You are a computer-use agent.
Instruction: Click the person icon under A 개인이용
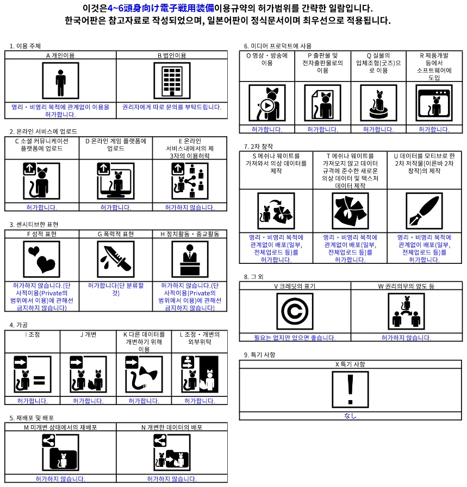pos(60,81)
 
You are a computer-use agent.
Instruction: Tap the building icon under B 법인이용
pos(172,81)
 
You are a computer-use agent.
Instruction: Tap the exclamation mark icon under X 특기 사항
pos(350,389)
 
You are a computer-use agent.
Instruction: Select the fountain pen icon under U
pos(424,211)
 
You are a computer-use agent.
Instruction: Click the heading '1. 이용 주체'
pos(25,46)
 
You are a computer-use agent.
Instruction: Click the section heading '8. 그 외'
pos(253,277)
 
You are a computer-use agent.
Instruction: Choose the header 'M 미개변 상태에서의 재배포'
pos(60,427)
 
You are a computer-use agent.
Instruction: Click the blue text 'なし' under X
pos(350,416)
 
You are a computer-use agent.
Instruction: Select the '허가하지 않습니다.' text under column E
pos(190,207)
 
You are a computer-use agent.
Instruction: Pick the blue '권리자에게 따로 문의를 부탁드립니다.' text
pos(172,107)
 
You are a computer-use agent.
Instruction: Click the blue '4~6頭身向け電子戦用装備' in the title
pos(160,9)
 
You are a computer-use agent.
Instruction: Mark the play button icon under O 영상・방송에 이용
pos(267,103)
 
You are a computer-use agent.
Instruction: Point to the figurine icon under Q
pos(378,103)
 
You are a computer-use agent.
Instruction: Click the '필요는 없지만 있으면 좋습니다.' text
pos(295,338)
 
